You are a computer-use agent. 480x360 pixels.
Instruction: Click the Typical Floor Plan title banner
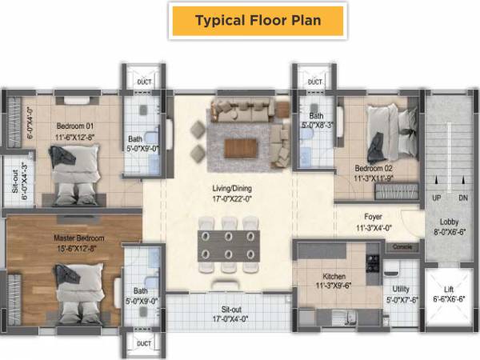pos(258,20)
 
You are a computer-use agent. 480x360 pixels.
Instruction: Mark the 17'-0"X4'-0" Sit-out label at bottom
pos(231,313)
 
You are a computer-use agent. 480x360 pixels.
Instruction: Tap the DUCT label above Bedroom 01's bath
pos(144,82)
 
